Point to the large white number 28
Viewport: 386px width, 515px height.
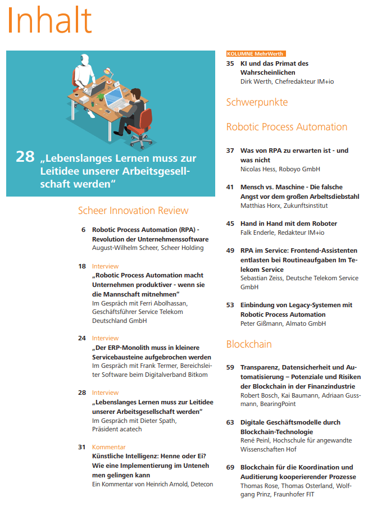pos(25,157)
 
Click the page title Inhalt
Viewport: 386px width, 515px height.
pos(49,21)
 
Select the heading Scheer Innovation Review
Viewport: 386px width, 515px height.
pos(133,211)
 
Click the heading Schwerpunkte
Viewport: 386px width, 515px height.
pos(257,102)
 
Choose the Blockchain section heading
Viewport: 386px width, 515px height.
pos(249,344)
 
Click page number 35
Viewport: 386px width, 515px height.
pos(230,64)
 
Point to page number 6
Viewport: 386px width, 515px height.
pos(84,230)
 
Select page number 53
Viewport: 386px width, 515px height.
pos(230,305)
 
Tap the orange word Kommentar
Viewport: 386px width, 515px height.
pos(108,447)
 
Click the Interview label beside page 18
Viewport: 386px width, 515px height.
pos(105,266)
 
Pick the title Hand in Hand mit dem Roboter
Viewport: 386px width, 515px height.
pos(289,224)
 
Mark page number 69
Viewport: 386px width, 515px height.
pos(230,467)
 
